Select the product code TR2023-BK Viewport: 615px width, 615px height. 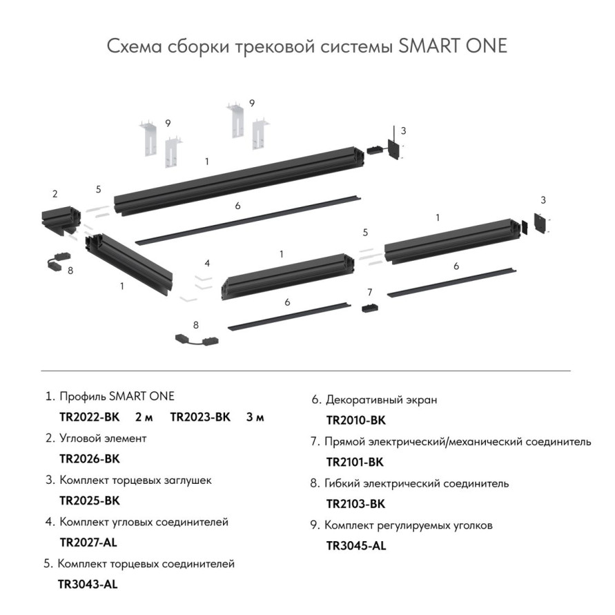[200, 417]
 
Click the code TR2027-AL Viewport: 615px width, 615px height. [89, 542]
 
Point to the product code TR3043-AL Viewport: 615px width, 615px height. [88, 584]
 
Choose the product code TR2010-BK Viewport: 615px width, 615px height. [355, 420]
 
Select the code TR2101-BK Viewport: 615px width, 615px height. [355, 462]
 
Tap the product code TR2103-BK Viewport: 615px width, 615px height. [355, 504]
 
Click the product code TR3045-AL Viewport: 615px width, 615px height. [355, 546]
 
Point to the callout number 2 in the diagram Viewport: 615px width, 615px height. [55, 194]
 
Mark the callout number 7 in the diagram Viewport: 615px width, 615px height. [370, 292]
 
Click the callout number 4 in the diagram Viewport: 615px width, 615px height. [206, 264]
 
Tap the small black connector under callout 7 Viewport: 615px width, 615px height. [370, 307]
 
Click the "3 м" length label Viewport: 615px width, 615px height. [255, 417]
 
